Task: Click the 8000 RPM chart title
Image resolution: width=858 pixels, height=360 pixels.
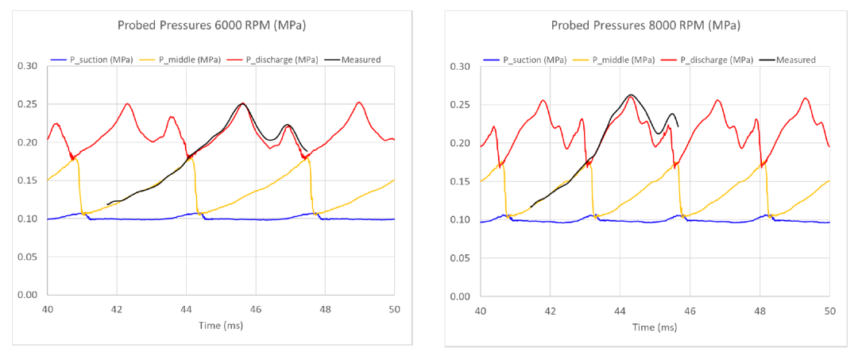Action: pos(645,25)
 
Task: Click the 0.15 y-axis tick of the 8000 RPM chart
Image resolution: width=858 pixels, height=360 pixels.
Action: pos(461,182)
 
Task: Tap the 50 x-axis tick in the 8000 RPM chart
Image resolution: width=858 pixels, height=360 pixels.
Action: pos(829,311)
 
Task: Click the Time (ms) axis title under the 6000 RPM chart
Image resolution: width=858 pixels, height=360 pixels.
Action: pos(220,326)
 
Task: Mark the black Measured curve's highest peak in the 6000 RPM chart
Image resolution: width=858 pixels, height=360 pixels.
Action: pos(242,103)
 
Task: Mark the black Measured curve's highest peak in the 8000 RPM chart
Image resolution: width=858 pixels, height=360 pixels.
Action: pos(631,95)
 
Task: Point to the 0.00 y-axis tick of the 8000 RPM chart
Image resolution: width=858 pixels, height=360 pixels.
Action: pos(461,296)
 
